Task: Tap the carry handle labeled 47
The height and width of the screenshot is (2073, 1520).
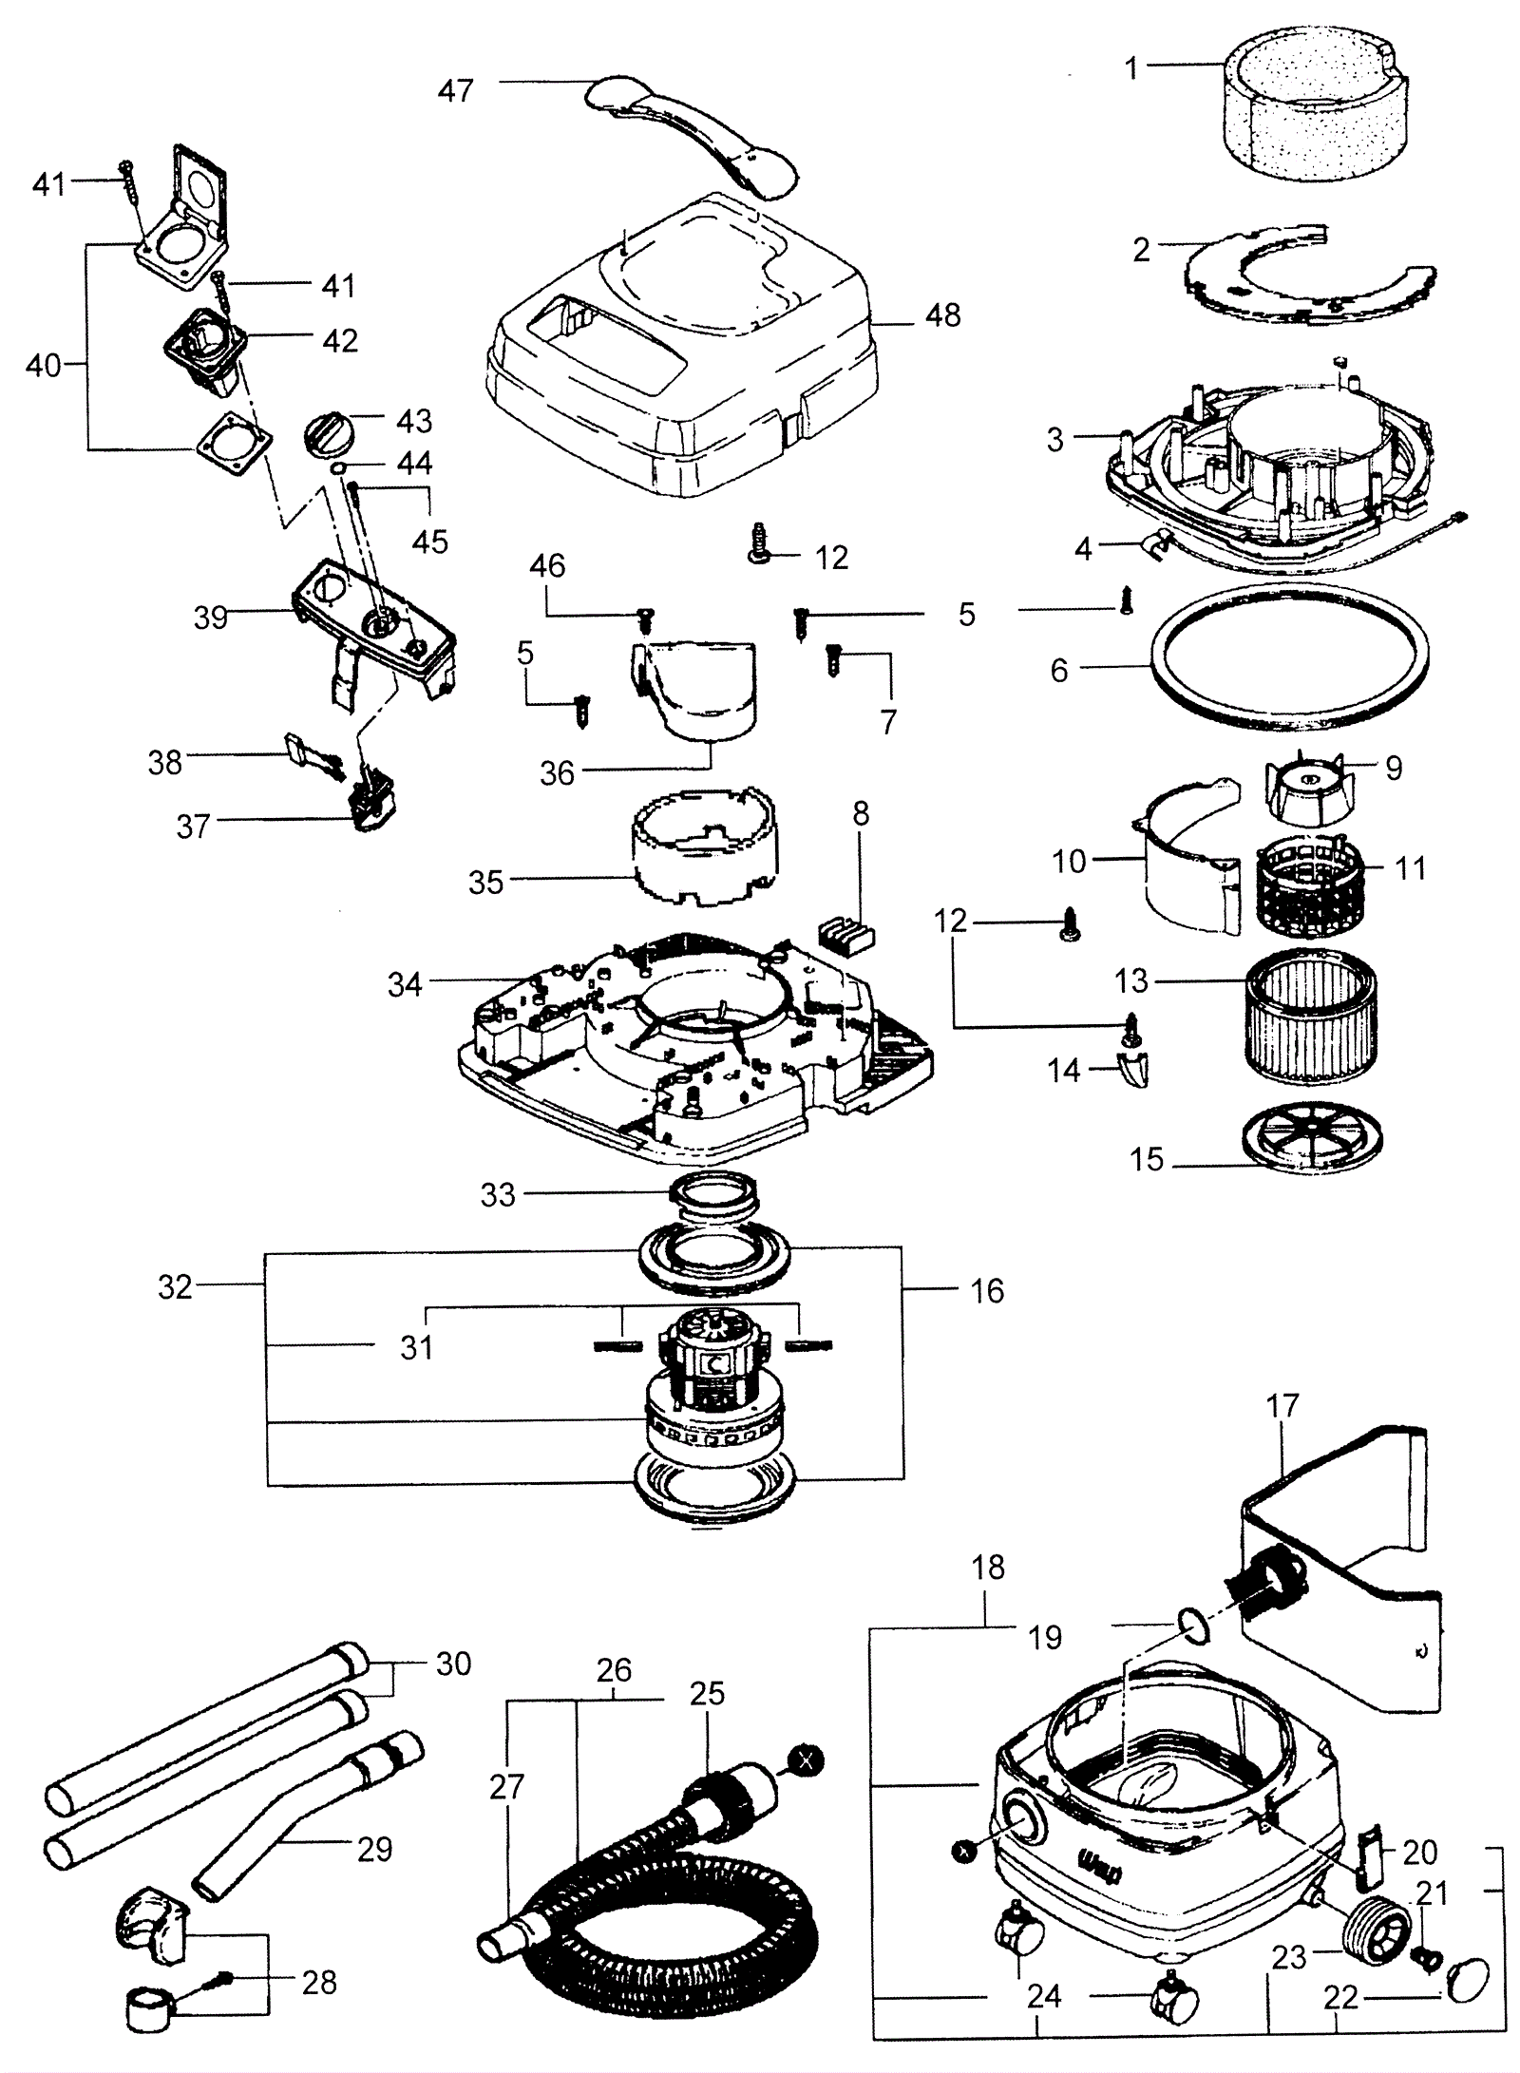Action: (692, 136)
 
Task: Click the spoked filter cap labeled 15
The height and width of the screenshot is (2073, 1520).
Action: (1312, 1139)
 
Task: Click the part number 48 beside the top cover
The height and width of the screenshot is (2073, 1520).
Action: (942, 315)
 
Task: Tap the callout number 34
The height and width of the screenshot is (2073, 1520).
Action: (404, 985)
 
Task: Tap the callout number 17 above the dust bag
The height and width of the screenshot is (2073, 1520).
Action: (1282, 1405)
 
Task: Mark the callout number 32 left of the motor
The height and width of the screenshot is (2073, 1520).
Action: (175, 1287)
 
